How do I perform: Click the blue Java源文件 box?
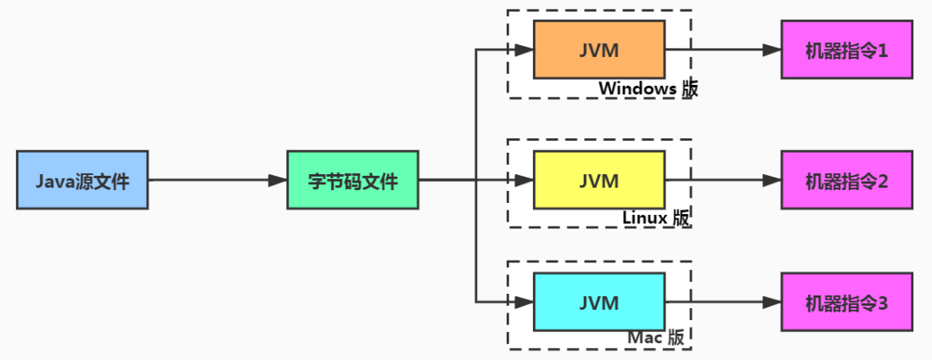(82, 180)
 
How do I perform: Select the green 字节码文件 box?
(352, 180)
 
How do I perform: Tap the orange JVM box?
(598, 49)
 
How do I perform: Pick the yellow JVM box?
(598, 180)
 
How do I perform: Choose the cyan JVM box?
(598, 301)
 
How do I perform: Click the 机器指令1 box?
(846, 50)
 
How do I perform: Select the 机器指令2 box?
(846, 180)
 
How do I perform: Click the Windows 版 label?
(648, 88)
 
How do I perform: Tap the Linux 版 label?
(656, 217)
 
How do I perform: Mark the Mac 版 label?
(656, 337)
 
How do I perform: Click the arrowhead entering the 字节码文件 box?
(278, 180)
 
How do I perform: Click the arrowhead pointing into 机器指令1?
(772, 50)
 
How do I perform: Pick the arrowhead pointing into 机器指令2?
(772, 180)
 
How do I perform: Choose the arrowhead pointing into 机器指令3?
(772, 301)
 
